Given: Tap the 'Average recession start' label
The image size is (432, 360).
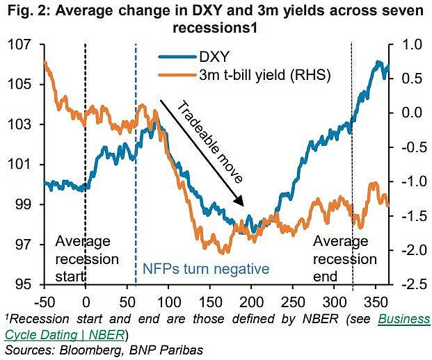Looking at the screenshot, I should tap(83, 259).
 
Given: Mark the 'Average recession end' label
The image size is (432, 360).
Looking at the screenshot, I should tap(344, 259).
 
